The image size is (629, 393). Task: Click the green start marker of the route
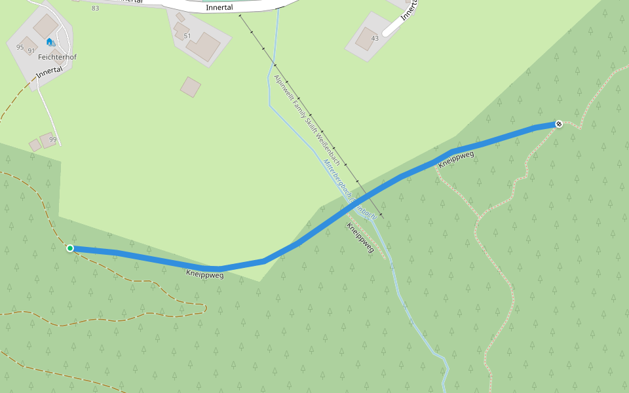tap(70, 248)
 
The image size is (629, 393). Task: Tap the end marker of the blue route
tap(559, 124)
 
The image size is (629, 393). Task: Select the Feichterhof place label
tap(57, 57)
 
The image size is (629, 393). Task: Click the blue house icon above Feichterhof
tap(49, 42)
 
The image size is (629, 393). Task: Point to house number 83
tap(96, 8)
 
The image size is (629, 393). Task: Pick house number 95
tap(20, 47)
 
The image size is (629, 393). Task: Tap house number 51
tap(187, 36)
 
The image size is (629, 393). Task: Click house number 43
tap(375, 38)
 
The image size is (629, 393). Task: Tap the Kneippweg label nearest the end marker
tap(456, 160)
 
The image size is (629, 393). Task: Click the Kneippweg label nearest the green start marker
tap(204, 274)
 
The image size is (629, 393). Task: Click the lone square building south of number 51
tap(191, 86)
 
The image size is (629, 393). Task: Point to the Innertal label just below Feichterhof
tap(49, 73)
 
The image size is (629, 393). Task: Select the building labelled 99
tap(48, 140)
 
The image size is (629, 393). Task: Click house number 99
tap(53, 140)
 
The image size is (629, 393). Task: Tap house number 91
tap(31, 50)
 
